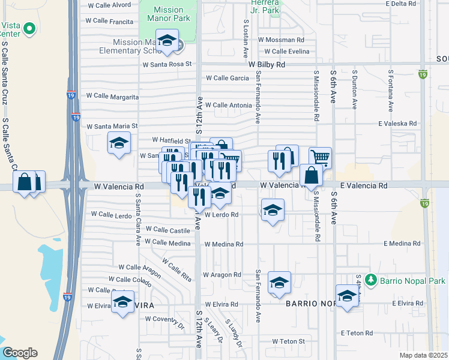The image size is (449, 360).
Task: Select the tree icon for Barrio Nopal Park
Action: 371,280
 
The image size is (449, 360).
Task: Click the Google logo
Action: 20,353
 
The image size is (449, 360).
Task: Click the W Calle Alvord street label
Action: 109,5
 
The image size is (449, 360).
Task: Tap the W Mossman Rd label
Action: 281,40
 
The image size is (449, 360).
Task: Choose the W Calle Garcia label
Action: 228,78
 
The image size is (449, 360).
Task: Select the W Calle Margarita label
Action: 112,95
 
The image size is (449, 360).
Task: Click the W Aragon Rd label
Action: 221,275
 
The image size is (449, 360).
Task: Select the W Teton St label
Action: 288,341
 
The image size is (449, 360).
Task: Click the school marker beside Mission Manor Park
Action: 167,41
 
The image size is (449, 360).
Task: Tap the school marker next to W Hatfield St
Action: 119,143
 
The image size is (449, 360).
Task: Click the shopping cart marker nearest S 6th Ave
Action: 321,158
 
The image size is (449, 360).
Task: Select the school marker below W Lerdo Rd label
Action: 273,211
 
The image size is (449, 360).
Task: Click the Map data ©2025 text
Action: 423,355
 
